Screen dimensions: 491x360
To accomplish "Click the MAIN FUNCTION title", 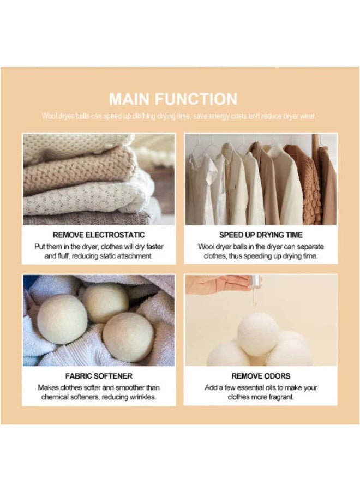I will [173, 99].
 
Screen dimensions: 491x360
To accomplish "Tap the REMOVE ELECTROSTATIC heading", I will [99, 235].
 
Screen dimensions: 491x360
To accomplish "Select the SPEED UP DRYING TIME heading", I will [261, 235].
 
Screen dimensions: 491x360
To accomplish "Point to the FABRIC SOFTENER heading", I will [99, 376].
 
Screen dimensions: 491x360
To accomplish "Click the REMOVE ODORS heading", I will [261, 376].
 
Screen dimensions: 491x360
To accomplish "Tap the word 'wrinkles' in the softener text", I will [142, 397].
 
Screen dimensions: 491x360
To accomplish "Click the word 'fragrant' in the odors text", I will [279, 397].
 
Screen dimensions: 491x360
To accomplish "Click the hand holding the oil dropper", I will [218, 283].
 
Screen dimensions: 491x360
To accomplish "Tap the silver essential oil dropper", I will [255, 282].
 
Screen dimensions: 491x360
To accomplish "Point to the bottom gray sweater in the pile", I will [87, 219].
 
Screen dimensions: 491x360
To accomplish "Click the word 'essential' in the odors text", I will [262, 387].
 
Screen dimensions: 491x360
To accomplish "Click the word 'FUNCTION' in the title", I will [197, 99].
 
